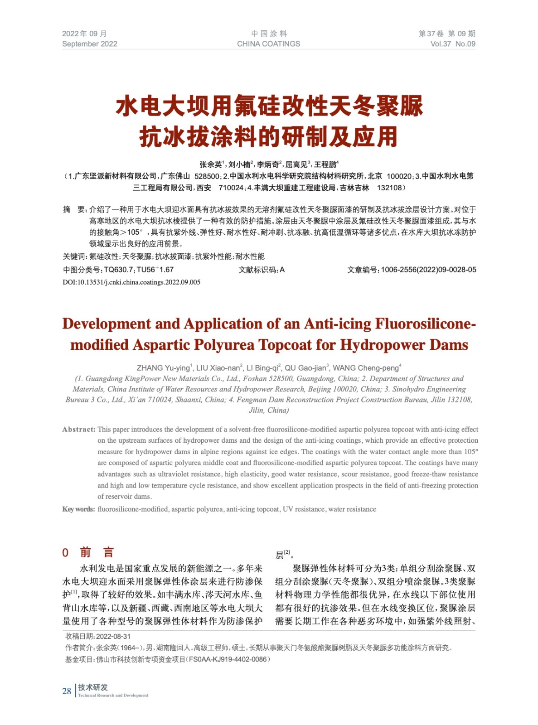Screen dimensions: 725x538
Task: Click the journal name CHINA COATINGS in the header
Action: (x=268, y=44)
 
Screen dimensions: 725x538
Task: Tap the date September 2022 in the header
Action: (x=90, y=44)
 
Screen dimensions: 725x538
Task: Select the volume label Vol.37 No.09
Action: (x=452, y=44)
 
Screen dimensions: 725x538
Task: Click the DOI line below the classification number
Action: (x=131, y=282)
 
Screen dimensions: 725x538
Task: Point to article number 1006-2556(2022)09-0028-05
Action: (x=428, y=270)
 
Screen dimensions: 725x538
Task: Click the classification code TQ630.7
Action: (x=118, y=270)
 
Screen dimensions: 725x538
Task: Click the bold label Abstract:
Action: (x=79, y=430)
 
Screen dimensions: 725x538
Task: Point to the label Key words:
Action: (x=78, y=509)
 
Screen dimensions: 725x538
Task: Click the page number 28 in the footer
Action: (x=67, y=691)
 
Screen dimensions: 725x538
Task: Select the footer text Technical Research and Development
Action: (x=113, y=696)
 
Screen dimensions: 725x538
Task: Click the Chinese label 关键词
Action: (x=74, y=256)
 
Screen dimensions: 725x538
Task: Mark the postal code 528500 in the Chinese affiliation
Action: (x=207, y=176)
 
